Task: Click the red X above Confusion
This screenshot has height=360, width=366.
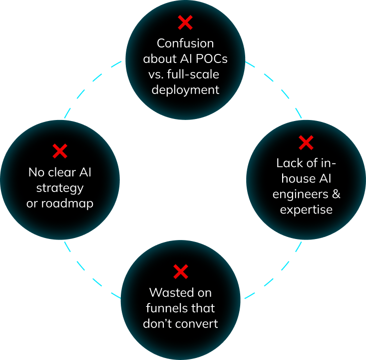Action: pyautogui.click(x=185, y=22)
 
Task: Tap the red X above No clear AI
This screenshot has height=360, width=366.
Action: pyautogui.click(x=60, y=151)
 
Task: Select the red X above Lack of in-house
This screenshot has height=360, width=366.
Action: pyautogui.click(x=306, y=143)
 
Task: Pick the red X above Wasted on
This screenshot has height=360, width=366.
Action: pyautogui.click(x=180, y=271)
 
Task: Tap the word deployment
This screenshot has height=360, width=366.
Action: pyautogui.click(x=185, y=90)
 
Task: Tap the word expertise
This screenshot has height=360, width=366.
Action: pyautogui.click(x=306, y=209)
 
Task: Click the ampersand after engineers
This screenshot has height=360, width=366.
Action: pyautogui.click(x=336, y=194)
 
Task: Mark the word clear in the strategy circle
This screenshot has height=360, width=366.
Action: pyautogui.click(x=60, y=172)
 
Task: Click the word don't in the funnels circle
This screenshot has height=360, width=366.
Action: pyautogui.click(x=158, y=323)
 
